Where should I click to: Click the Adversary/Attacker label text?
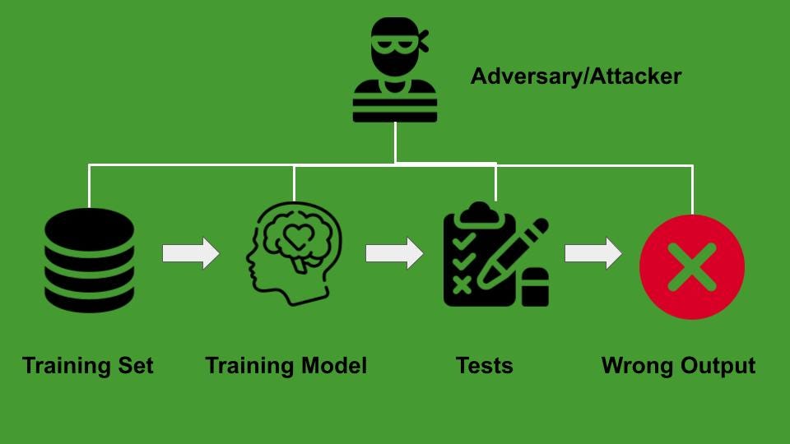coord(575,77)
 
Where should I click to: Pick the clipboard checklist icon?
coord(494,257)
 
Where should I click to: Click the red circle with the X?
coord(691,267)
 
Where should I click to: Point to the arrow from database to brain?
coord(191,253)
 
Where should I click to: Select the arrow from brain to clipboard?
coord(393,253)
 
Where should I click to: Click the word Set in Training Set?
coord(134,365)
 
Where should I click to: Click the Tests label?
coord(485,365)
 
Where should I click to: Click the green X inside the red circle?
coord(691,267)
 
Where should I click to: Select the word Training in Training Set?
coord(67,365)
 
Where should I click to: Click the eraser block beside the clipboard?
coord(535,287)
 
